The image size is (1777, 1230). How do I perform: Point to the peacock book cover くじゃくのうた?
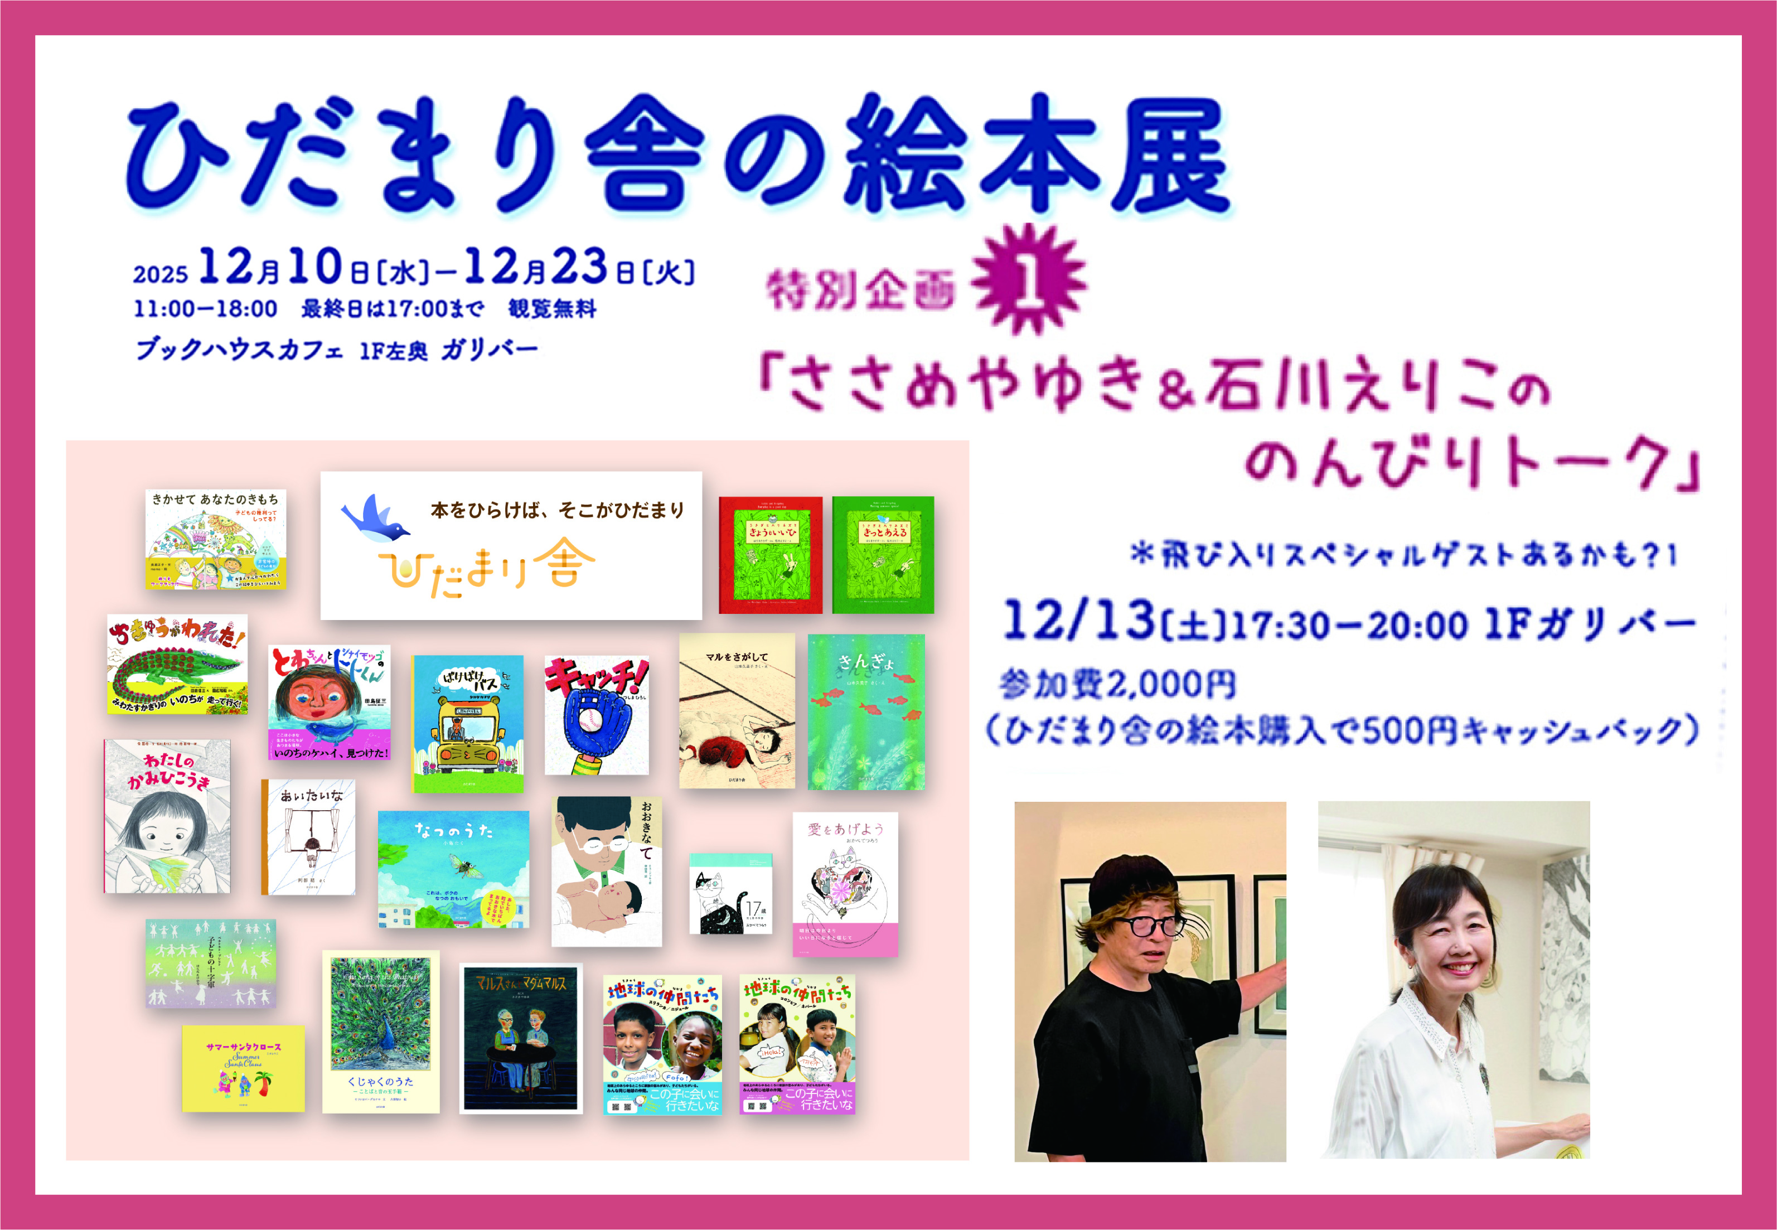click(x=381, y=1031)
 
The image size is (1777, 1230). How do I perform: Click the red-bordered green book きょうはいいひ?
click(x=770, y=555)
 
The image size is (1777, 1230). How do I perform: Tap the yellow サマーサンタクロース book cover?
click(x=243, y=1068)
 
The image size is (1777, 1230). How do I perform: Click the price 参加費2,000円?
click(x=1117, y=684)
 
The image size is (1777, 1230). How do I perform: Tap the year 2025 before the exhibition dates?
click(x=160, y=274)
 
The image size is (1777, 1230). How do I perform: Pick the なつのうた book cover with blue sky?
click(x=453, y=869)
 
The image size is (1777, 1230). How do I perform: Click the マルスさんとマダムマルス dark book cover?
click(x=521, y=1038)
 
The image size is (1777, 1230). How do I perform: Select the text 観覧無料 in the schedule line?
click(x=552, y=309)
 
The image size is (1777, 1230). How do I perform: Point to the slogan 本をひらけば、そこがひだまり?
click(x=556, y=510)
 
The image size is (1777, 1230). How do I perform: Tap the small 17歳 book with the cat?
click(x=730, y=894)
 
